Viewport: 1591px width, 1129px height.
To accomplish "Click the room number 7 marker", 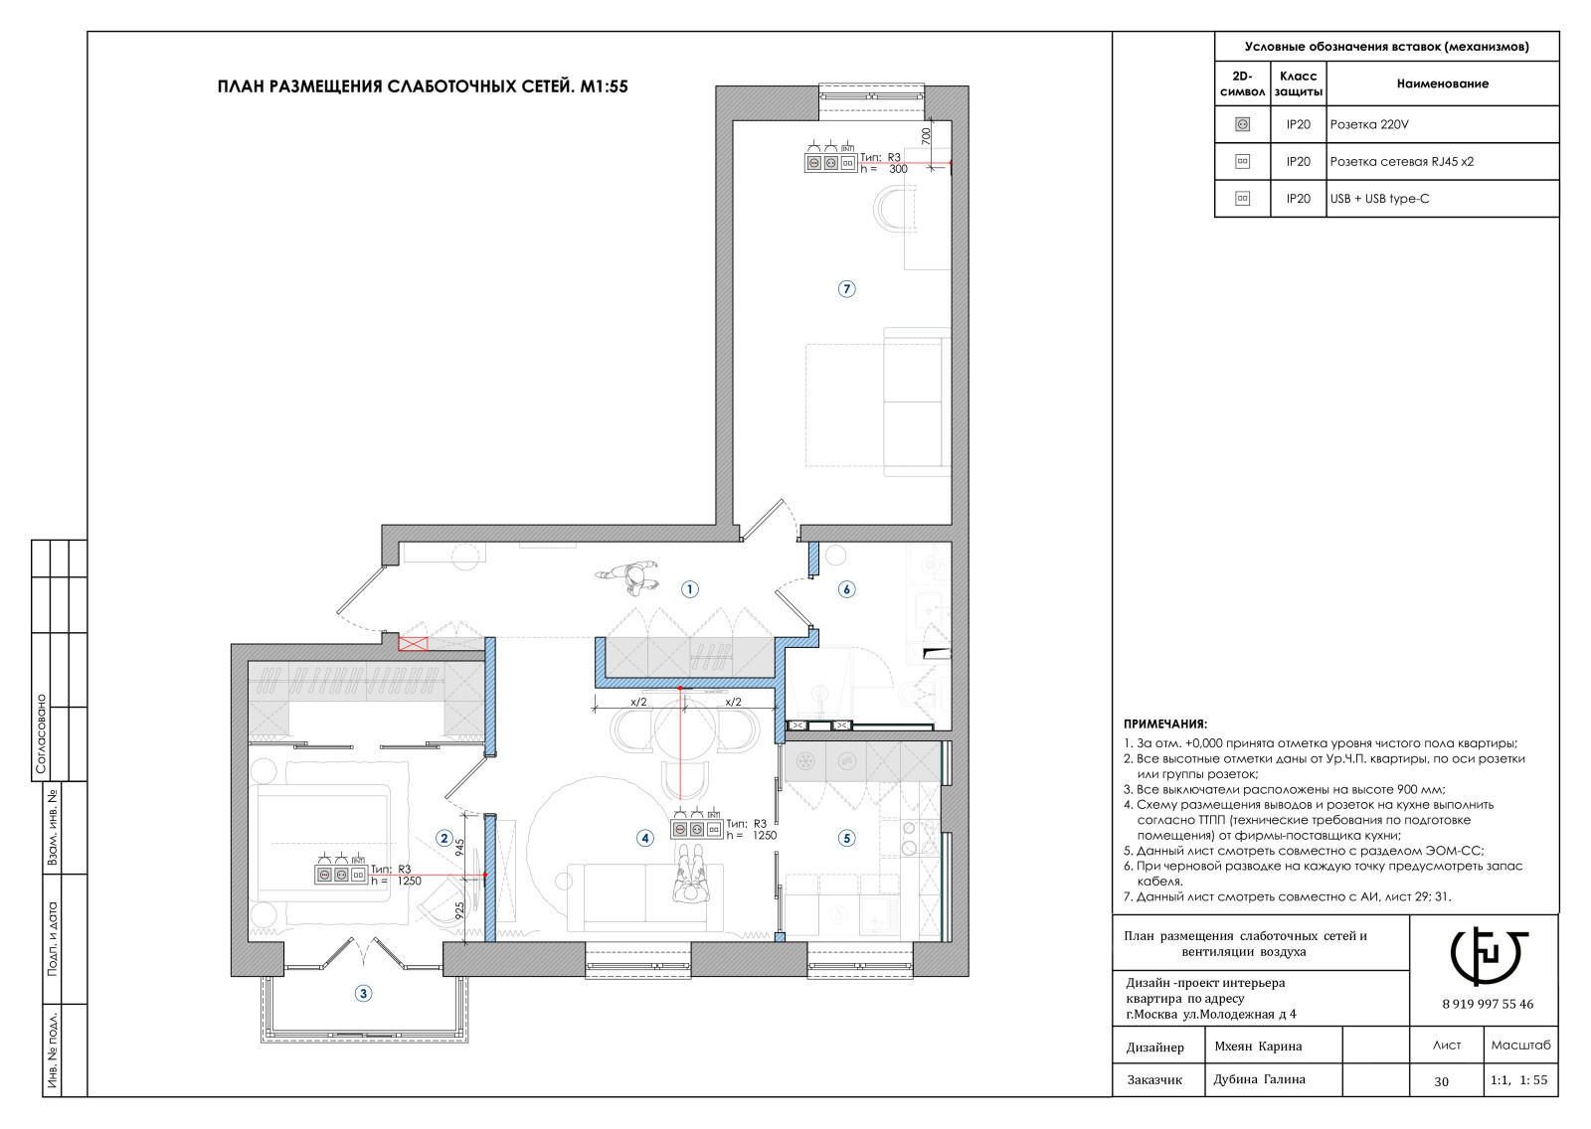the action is coord(846,289).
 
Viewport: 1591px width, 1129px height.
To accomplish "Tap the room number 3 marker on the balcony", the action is coord(363,994).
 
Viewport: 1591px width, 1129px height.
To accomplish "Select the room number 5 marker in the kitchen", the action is coord(846,838).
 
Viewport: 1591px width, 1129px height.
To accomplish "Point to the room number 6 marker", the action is coord(846,588).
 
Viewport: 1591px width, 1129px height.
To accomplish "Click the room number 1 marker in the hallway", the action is coord(690,588).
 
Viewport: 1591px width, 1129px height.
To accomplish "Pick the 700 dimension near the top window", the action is coord(926,135).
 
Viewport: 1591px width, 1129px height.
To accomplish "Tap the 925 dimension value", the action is coord(460,912).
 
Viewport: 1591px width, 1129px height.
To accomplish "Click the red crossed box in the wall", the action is coord(413,644).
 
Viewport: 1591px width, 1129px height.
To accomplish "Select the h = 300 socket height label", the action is coord(884,169).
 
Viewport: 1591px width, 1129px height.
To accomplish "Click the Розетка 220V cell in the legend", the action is coord(1368,124).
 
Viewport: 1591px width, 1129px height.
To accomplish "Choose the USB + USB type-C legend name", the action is coord(1379,198).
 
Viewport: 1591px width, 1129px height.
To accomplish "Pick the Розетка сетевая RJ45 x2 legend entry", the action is coord(1401,161).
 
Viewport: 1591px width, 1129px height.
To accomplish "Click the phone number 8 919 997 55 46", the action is coord(1488,1004).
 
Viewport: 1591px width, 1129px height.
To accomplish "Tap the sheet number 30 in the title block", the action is coord(1441,1081).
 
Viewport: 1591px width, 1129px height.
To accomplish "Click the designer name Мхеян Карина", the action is coord(1258,1046).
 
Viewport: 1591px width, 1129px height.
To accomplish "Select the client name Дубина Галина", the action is coord(1259,1079).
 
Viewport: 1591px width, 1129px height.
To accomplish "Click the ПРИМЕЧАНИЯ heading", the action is coord(1164,725).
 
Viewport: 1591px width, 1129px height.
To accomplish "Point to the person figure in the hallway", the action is coord(627,576).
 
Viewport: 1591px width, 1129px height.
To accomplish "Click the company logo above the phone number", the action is coord(1488,956).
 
